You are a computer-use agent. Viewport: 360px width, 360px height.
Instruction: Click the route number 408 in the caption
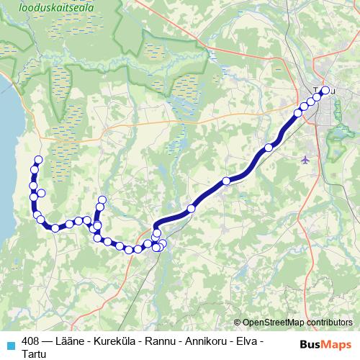[x=30, y=341]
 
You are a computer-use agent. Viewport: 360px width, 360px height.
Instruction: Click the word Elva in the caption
[x=248, y=341]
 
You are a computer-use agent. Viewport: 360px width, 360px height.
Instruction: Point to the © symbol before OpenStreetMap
[x=238, y=323]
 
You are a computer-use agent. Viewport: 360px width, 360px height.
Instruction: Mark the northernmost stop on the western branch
[x=38, y=160]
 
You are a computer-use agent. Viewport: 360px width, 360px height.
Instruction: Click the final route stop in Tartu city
[x=325, y=91]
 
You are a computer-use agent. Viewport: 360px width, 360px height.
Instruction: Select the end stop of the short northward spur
[x=102, y=200]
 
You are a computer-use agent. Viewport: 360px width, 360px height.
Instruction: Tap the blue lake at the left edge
[x=7, y=144]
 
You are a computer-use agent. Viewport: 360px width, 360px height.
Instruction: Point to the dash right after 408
[x=47, y=341]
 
